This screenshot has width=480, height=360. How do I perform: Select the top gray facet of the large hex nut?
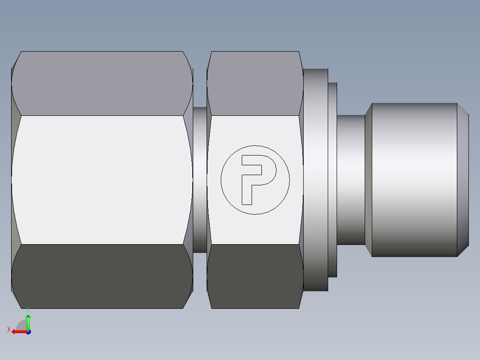click(x=102, y=83)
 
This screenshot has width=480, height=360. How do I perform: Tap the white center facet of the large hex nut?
click(x=102, y=180)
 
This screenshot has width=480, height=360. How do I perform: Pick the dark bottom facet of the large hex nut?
click(x=102, y=276)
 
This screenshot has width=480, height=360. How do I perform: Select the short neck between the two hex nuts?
click(x=200, y=180)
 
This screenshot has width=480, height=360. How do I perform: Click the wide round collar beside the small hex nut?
click(x=315, y=180)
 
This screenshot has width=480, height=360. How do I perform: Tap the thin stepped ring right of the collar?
click(x=333, y=180)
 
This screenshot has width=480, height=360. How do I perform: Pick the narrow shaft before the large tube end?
click(x=350, y=180)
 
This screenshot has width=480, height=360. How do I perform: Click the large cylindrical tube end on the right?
click(x=414, y=180)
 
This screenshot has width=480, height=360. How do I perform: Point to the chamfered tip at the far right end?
click(x=463, y=180)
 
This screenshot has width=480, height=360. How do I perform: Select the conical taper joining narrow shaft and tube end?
click(x=368, y=180)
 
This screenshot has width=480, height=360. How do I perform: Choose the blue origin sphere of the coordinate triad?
click(x=28, y=332)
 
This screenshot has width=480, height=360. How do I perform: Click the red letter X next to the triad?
click(x=8, y=329)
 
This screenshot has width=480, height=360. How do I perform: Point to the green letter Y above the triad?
click(x=28, y=309)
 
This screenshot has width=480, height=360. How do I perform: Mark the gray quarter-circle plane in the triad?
click(x=22, y=325)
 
